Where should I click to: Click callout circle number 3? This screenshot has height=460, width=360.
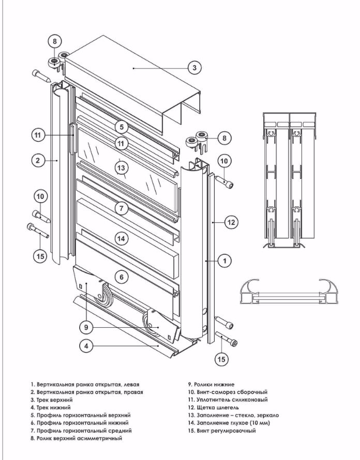click(193, 68)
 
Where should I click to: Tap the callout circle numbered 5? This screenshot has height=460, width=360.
click(121, 126)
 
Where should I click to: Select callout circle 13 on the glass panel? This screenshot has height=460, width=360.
click(121, 168)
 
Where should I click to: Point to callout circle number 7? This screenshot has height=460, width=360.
click(121, 208)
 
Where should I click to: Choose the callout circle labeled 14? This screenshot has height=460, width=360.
click(121, 238)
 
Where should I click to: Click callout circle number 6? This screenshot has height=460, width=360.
click(121, 277)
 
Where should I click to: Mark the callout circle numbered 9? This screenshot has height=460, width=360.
click(86, 326)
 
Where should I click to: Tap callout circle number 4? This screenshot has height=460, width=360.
click(86, 346)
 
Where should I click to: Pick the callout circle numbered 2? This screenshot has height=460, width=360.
click(38, 161)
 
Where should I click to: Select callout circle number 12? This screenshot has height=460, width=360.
click(231, 222)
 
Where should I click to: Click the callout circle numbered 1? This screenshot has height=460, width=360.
click(224, 261)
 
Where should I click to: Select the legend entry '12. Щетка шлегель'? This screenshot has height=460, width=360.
click(213, 408)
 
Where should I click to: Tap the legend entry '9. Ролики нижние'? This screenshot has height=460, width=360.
click(211, 385)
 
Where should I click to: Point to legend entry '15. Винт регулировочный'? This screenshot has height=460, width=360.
click(222, 431)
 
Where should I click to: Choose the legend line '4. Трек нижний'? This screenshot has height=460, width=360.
click(51, 408)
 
